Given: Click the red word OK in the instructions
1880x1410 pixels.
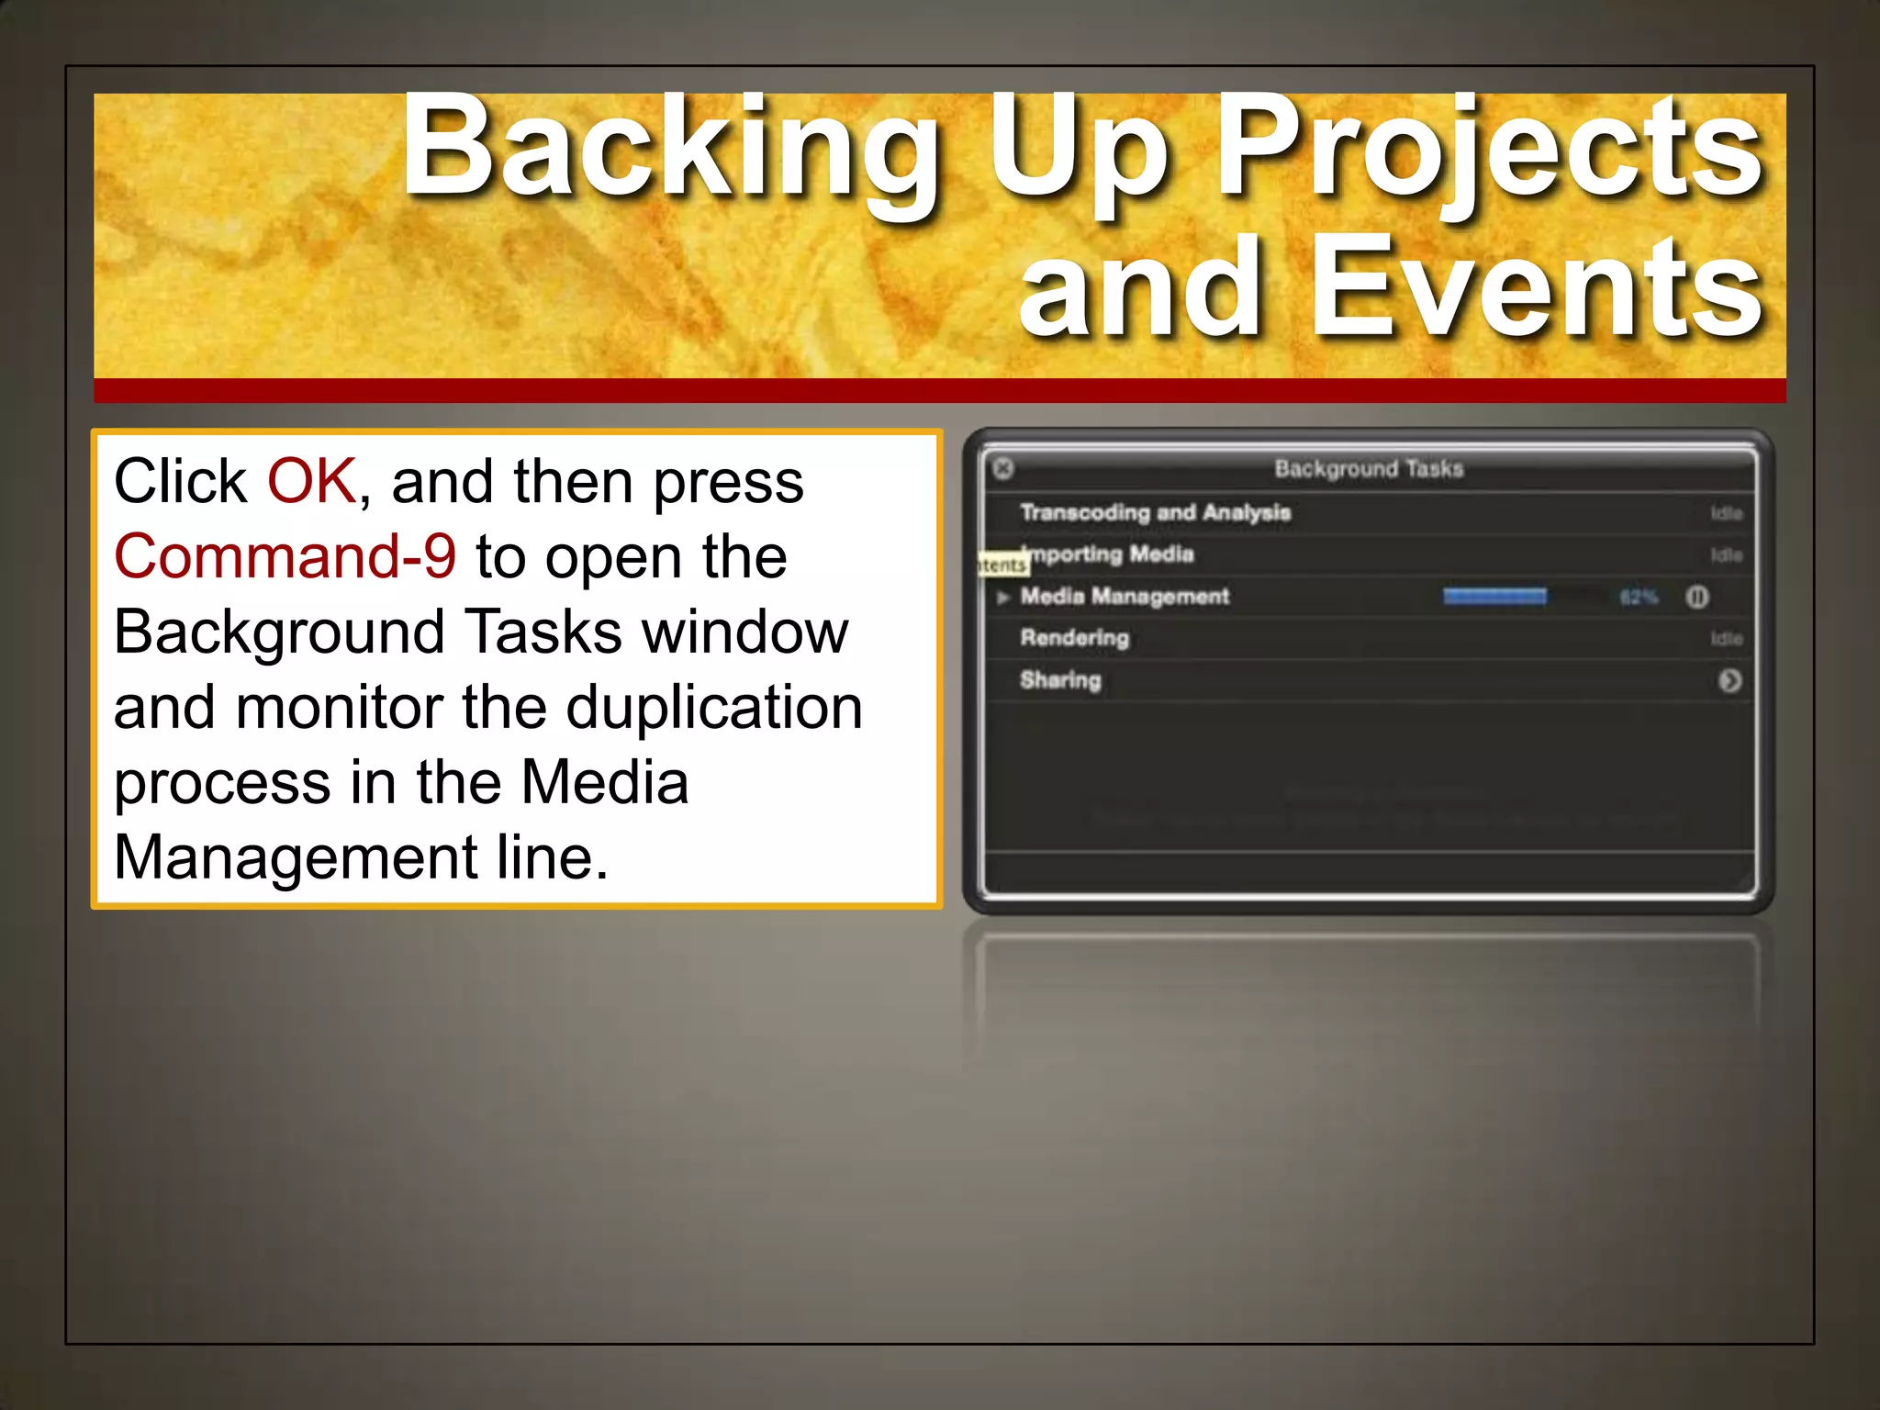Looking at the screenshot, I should pos(310,481).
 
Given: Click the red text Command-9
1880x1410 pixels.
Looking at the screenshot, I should pos(285,556).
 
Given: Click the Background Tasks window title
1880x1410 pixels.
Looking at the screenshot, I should pos(1368,469).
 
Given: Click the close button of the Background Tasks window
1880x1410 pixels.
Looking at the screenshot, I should pos(1003,468).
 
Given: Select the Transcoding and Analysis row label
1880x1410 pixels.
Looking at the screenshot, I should pos(1155,512).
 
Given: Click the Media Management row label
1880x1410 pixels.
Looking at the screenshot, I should pos(1125,597).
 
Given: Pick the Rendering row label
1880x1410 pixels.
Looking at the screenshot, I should pos(1074,638).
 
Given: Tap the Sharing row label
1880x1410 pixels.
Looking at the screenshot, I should pos(1060,680).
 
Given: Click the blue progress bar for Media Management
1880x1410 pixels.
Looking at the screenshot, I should pos(1494,598).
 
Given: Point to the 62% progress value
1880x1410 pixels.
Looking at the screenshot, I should pos(1639,599).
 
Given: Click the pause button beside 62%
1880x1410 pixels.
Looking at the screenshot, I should pos(1697,598).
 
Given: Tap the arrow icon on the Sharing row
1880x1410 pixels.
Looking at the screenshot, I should pos(1729,681).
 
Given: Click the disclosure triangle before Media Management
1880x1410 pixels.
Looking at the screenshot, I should pos(1003,598).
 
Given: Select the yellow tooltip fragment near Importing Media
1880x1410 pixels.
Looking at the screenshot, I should pos(1002,565).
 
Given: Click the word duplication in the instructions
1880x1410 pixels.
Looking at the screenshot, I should pos(714,708).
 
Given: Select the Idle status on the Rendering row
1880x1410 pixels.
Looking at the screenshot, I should pos(1726,639).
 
